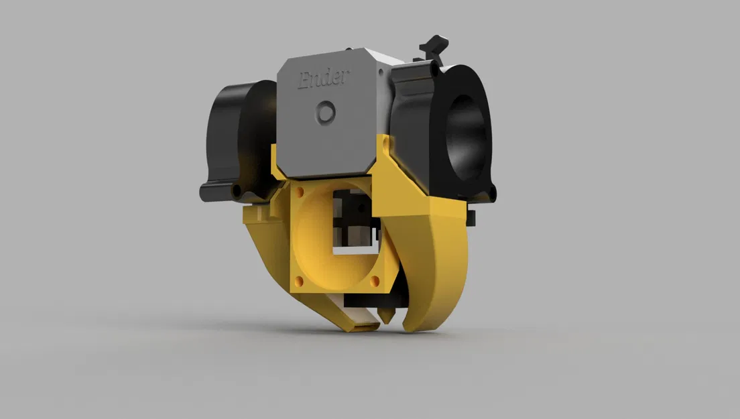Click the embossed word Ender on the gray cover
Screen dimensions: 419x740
[x=323, y=78]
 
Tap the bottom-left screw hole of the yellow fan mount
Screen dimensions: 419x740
[x=300, y=280]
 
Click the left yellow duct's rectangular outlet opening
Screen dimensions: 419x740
[x=363, y=327]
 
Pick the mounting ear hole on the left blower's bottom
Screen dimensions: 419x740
[x=235, y=192]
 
